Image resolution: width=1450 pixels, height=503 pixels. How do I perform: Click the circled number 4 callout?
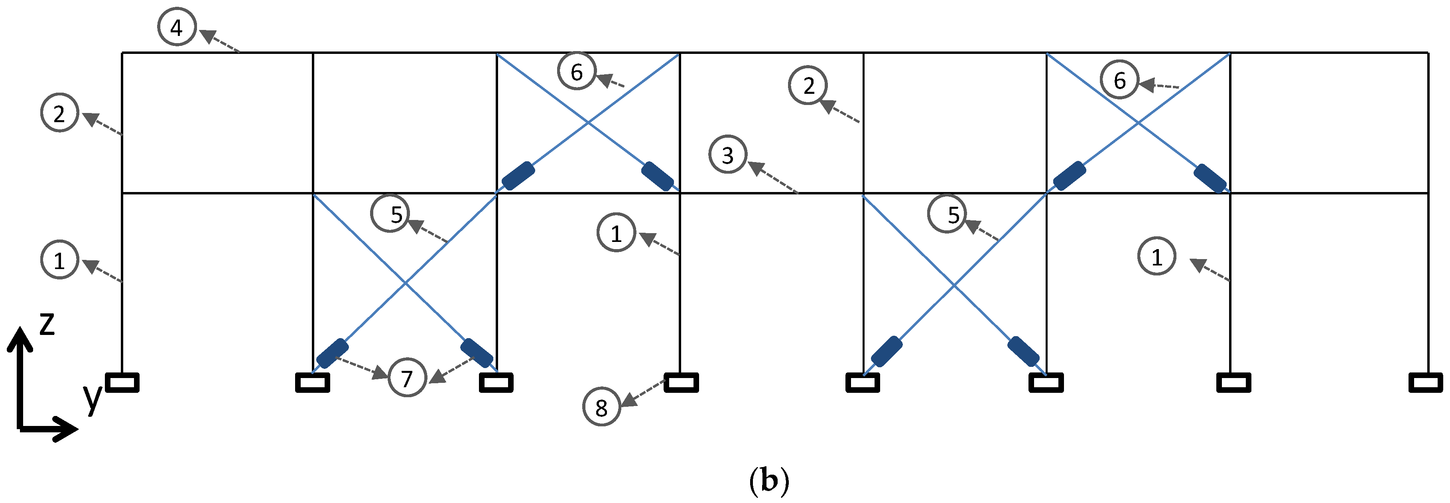[177, 27]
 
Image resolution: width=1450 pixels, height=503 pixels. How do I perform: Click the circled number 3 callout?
[727, 154]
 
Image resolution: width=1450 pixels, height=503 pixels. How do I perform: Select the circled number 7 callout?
[407, 377]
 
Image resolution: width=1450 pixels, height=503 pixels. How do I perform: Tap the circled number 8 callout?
[601, 407]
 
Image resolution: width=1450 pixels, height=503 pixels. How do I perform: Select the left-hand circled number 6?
[576, 71]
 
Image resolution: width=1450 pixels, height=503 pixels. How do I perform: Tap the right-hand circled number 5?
[947, 214]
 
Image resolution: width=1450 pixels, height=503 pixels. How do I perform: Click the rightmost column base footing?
[1425, 382]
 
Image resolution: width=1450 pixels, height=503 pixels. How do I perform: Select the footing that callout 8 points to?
[681, 382]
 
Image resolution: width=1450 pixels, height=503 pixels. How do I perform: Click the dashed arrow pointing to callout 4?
[220, 43]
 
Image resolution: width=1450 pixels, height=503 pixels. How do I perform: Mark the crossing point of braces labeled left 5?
[405, 283]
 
